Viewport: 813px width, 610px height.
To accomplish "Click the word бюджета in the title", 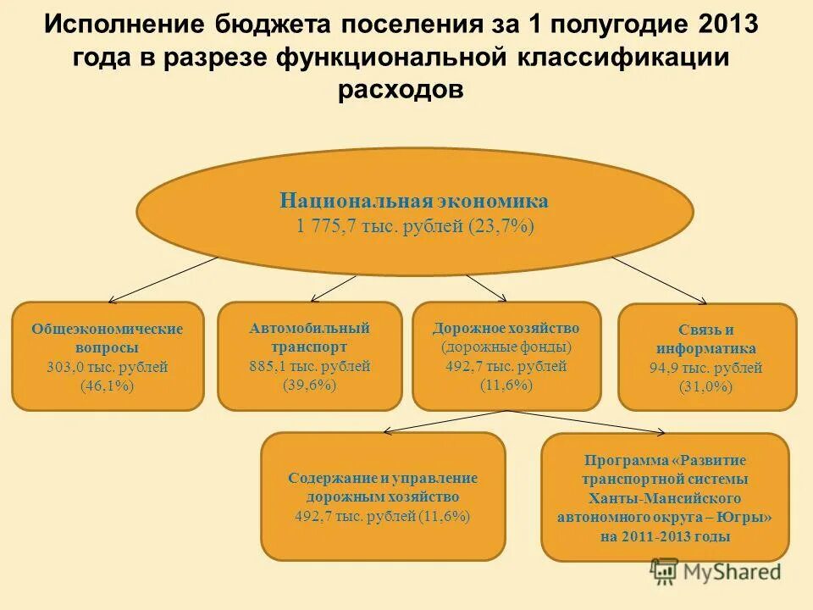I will (x=270, y=24).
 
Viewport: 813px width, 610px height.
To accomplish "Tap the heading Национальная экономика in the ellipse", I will (x=414, y=201).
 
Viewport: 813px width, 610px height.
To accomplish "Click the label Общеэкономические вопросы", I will (x=107, y=337).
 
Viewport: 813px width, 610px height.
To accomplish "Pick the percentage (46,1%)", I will (x=107, y=386).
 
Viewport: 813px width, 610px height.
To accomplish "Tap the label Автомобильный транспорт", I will (x=309, y=336).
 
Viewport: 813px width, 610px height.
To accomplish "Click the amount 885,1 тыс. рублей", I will (x=309, y=366).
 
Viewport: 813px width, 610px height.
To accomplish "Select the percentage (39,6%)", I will (x=309, y=384).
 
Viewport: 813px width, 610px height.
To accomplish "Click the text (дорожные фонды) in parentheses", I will (x=506, y=347).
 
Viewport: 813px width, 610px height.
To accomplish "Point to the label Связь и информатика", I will (x=706, y=339).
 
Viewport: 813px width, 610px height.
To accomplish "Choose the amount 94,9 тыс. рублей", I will (x=706, y=369).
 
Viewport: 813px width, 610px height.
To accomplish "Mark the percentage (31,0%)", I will (x=706, y=387).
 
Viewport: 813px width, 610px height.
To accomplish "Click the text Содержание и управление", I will (x=382, y=478).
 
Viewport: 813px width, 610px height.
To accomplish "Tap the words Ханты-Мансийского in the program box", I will (x=664, y=497).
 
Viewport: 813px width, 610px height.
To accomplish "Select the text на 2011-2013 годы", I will (x=664, y=536).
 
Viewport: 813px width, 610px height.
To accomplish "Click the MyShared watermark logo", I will (x=716, y=572).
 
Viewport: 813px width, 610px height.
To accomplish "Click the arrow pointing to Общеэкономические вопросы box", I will (x=161, y=280).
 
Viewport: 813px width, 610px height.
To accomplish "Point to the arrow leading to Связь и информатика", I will (x=661, y=280).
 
